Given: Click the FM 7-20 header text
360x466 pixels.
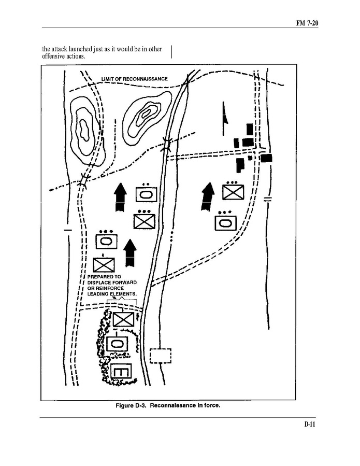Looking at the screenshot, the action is [x=307, y=23].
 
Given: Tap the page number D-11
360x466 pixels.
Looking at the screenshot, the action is [x=310, y=424].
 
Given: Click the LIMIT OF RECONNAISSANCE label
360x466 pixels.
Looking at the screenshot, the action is [x=135, y=79].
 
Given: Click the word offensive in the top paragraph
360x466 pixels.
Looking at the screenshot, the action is [x=52, y=56].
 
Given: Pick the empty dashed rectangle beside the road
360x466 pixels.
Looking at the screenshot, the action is [x=161, y=356].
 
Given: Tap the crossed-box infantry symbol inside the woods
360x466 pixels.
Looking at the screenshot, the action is [x=123, y=319].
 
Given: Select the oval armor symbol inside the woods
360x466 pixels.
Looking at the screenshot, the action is [x=117, y=344].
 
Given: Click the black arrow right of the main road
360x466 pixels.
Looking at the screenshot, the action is [x=208, y=197].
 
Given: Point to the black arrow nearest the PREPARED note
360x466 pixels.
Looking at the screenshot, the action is [x=130, y=252].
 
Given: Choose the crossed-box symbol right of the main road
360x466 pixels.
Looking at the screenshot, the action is [x=233, y=192].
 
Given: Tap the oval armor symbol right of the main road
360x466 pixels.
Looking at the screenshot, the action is [x=225, y=222].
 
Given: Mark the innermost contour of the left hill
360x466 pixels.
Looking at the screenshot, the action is [x=83, y=130].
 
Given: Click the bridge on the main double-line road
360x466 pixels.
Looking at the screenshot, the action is [x=167, y=144].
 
